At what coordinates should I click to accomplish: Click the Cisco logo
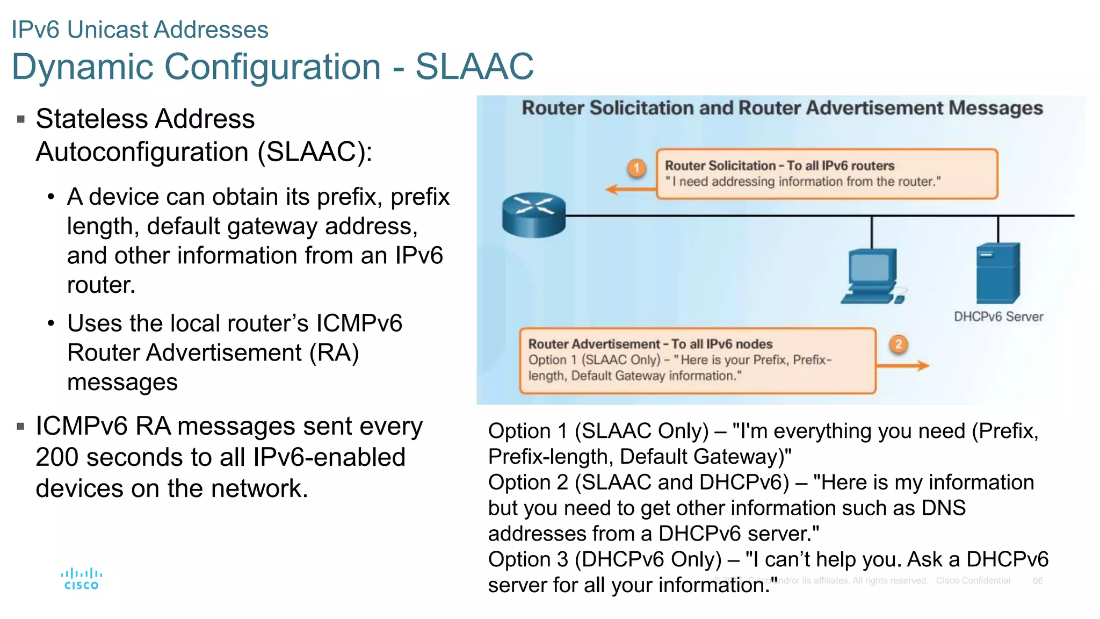click(81, 579)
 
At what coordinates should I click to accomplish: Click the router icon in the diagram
click(533, 214)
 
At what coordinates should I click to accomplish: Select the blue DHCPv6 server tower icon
click(997, 273)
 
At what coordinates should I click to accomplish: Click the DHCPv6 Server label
click(998, 316)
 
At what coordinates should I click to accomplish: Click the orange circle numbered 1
click(636, 168)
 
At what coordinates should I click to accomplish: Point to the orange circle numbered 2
click(899, 344)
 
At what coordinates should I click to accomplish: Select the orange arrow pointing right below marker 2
click(902, 366)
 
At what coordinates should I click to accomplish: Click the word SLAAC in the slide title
click(474, 67)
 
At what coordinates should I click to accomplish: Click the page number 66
click(1037, 581)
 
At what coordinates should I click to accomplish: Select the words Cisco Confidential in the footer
click(973, 581)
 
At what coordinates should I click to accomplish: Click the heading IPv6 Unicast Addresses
click(140, 30)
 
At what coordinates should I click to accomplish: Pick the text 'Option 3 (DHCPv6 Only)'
click(605, 559)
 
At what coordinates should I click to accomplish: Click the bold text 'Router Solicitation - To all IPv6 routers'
click(779, 165)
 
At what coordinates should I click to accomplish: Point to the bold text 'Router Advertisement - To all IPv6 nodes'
click(650, 344)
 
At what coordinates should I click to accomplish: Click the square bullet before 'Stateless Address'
click(21, 119)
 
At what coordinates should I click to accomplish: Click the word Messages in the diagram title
click(995, 108)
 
